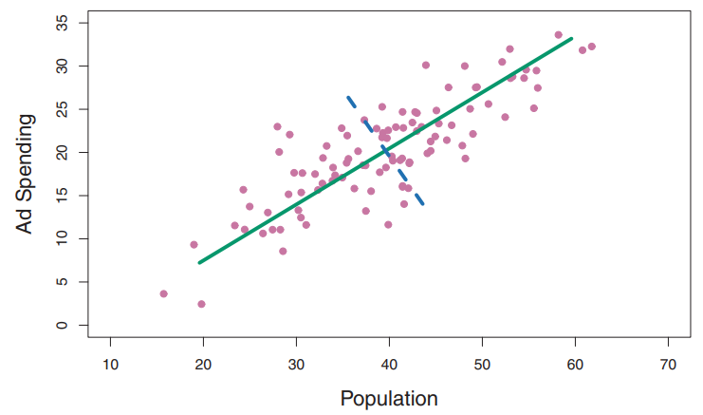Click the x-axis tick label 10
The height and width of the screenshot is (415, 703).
[x=110, y=365]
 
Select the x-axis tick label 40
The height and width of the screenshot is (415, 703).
[x=389, y=365]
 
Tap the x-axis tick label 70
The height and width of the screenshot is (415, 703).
[x=668, y=365]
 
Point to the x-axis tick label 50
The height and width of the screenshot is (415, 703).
[x=482, y=365]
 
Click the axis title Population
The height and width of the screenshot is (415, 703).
[x=389, y=398]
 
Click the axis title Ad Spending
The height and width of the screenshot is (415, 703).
[x=26, y=174]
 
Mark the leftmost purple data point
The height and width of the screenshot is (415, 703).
[x=163, y=293]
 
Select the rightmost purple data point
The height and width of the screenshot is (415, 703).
[x=591, y=47]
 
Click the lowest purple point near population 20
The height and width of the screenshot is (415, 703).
[x=201, y=304]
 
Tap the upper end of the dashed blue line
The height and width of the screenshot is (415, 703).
[x=348, y=97]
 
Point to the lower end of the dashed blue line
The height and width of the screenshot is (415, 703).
[x=422, y=204]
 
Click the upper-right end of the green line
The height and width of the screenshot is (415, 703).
[x=571, y=39]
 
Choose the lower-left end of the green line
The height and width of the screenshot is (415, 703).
[x=198, y=262]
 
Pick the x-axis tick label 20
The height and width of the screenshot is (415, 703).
[x=203, y=365]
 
